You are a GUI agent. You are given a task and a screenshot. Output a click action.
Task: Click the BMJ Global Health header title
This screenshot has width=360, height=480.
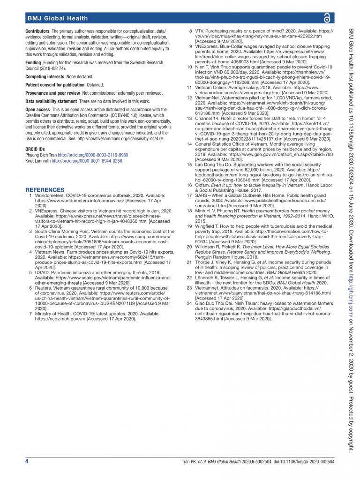57,18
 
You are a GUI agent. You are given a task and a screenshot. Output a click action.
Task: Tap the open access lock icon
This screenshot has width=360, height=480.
326,18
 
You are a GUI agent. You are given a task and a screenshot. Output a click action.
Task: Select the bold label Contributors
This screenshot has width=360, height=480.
37,31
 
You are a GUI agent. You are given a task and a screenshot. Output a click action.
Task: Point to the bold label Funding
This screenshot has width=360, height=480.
33,62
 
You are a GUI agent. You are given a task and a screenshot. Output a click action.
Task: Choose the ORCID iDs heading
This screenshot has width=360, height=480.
36,149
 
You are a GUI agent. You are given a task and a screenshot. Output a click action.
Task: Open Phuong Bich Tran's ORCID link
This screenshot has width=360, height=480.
93,155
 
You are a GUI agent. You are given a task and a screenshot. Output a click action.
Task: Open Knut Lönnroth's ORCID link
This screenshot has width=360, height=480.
87,161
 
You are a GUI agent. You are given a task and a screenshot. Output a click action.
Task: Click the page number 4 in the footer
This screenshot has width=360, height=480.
27,462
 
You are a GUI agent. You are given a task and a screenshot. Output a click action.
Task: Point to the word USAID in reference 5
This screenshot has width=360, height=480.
42,272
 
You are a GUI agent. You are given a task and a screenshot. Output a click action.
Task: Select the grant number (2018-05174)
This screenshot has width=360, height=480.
49,68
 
